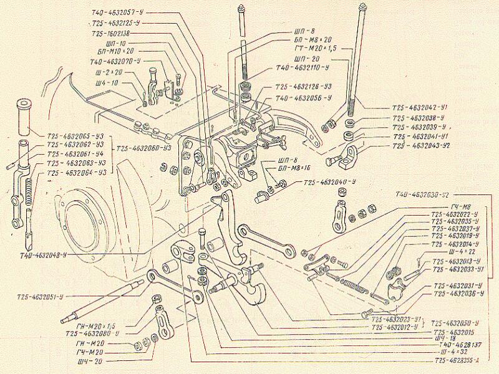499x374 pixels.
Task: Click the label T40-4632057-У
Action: [x=120, y=12]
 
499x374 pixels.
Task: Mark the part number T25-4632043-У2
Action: [x=428, y=145]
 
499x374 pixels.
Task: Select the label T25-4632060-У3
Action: [x=143, y=148]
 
